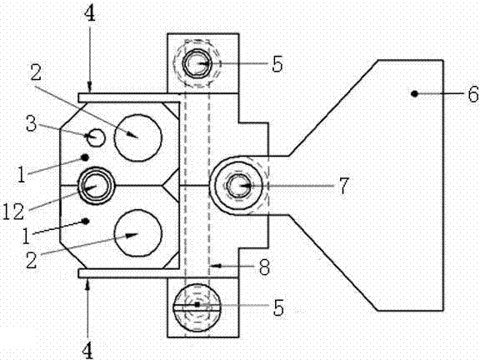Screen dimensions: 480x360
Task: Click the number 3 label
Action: [x=31, y=123]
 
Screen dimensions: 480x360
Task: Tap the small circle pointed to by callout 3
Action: [x=96, y=137]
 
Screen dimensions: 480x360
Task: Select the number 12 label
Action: [x=13, y=212]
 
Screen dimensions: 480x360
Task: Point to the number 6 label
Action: [x=473, y=93]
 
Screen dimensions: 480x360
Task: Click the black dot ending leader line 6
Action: [x=414, y=93]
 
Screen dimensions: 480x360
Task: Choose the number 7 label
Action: [x=343, y=186]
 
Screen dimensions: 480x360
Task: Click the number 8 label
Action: [x=264, y=267]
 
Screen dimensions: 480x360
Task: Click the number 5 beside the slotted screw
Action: [x=278, y=307]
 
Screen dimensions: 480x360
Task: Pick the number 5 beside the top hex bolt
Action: [x=277, y=64]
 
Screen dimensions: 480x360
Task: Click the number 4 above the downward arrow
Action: [x=90, y=14]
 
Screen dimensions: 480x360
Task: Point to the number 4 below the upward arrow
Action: [x=87, y=350]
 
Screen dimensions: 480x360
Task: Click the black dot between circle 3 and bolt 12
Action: [x=85, y=157]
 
